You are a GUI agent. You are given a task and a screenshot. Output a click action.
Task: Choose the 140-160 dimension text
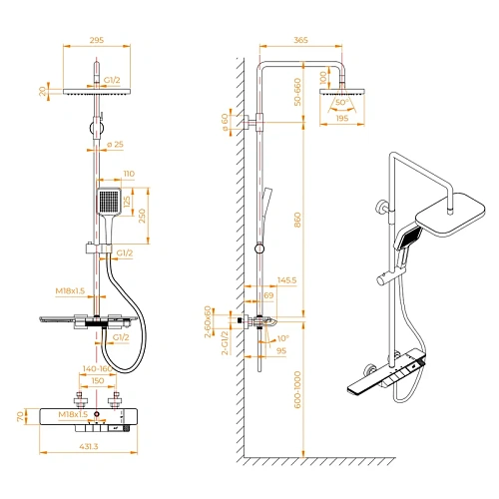(99, 368)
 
